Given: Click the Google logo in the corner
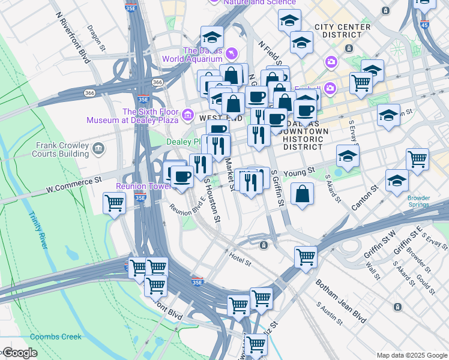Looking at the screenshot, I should click(x=19, y=353).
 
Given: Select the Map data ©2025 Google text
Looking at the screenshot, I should click(x=411, y=355).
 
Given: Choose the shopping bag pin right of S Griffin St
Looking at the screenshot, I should click(x=303, y=193).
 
